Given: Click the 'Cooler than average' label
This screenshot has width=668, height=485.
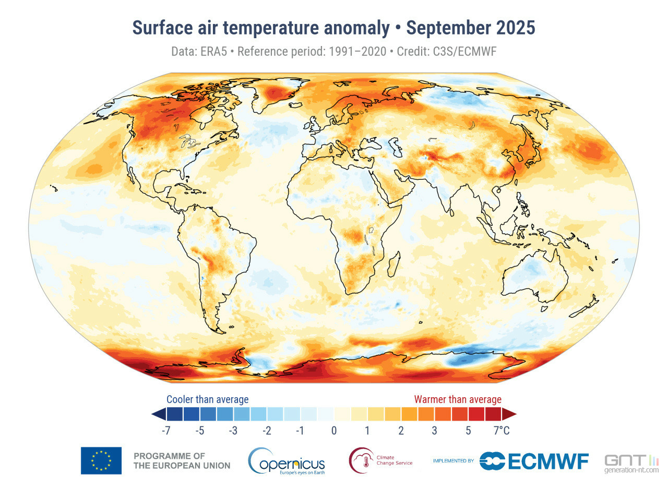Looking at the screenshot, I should (x=207, y=399).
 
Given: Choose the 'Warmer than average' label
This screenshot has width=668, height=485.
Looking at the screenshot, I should (x=458, y=399).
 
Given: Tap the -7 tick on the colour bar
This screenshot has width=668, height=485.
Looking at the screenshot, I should (x=166, y=431).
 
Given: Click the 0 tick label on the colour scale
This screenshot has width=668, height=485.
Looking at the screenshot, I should (x=333, y=431).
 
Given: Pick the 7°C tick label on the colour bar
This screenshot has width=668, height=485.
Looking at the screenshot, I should (x=502, y=431).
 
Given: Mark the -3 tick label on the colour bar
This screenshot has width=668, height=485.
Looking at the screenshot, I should (x=233, y=431).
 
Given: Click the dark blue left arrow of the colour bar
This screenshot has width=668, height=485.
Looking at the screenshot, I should (x=158, y=414).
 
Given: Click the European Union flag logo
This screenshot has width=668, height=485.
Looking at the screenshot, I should (x=101, y=460).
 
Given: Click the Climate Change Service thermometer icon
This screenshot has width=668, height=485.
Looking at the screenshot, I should (x=361, y=460).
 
